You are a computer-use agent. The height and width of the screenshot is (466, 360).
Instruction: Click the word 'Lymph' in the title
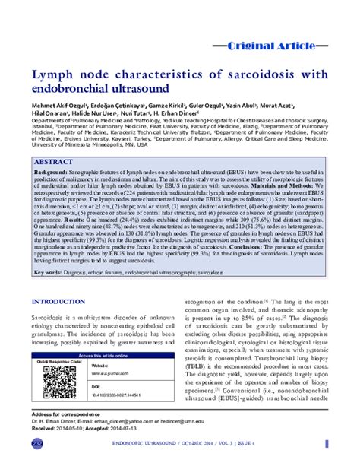click(55, 75)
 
